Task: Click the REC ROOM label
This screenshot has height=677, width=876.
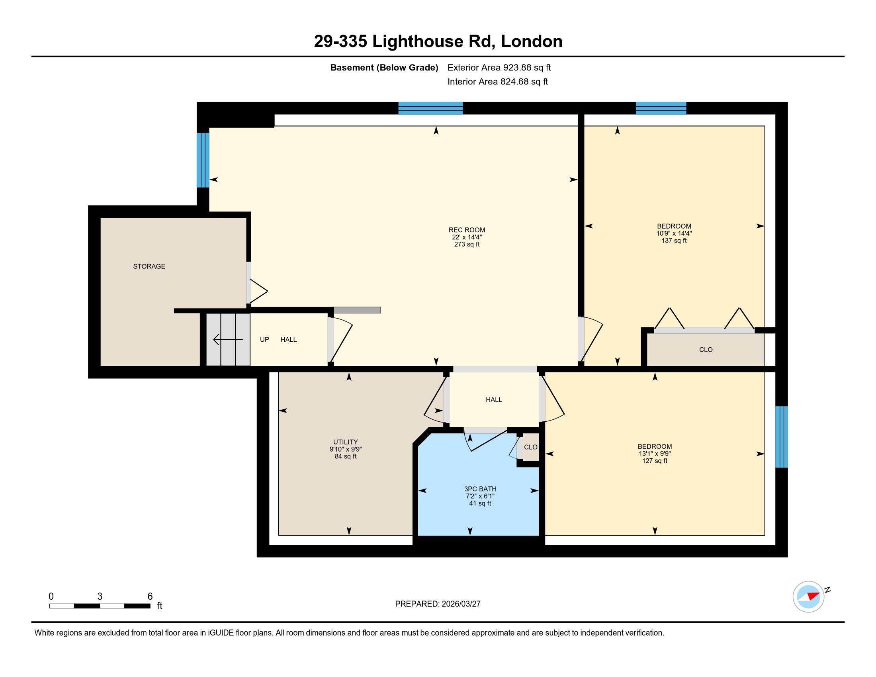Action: point(467,230)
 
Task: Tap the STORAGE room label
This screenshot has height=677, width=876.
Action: point(149,266)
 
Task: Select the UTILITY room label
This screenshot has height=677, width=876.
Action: point(345,442)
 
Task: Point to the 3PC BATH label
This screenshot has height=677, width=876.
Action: point(480,489)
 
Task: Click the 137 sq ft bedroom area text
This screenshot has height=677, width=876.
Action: point(674,241)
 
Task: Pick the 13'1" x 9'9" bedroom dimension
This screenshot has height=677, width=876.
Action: point(655,454)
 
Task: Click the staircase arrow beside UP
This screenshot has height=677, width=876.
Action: point(228,340)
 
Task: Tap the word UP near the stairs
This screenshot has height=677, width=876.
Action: point(264,339)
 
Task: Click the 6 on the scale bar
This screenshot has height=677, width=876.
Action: point(150,597)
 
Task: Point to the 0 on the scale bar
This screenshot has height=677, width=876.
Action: point(51,597)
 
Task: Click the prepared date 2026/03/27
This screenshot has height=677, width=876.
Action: point(461,604)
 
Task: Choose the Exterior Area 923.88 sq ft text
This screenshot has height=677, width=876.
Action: point(499,68)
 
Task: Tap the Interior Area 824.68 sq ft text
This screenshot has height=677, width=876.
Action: point(497,82)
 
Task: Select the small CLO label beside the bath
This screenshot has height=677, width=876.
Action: point(531,447)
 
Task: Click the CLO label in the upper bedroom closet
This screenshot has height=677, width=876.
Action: point(706,350)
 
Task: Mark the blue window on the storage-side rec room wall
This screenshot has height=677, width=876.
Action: point(203,160)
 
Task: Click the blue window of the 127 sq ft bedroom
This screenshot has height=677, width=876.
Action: point(781,437)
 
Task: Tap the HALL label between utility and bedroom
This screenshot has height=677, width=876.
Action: point(494,399)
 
